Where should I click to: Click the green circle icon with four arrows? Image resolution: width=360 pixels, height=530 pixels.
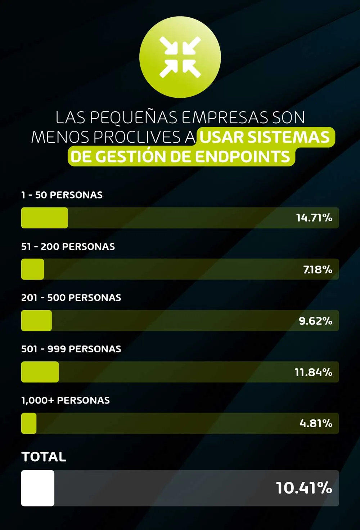click(x=180, y=57)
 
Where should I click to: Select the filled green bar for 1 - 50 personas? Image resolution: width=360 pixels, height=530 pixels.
click(x=45, y=218)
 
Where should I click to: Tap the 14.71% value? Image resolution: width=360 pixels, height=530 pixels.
click(x=314, y=218)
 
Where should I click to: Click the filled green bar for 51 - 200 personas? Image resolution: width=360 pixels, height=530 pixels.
click(x=33, y=269)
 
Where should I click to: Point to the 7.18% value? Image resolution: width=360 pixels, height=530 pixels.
click(x=318, y=270)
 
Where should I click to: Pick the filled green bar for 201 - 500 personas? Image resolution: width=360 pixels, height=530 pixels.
click(x=36, y=321)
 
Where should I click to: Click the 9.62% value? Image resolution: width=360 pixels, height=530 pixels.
click(x=315, y=321)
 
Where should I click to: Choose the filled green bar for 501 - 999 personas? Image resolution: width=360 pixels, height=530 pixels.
click(x=40, y=372)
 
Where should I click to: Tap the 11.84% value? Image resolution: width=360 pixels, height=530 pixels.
click(x=313, y=372)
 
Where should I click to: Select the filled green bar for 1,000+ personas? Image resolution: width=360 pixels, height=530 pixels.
click(x=29, y=423)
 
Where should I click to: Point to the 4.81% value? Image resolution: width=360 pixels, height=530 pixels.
click(x=316, y=423)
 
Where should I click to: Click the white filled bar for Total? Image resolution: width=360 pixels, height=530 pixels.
click(x=38, y=488)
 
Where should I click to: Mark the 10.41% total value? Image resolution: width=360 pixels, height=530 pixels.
click(x=304, y=488)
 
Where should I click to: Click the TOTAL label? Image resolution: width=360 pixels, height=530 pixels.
click(x=44, y=457)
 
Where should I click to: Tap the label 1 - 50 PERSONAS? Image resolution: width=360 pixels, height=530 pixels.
click(x=62, y=195)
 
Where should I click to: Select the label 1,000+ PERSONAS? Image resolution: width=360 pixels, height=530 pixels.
click(x=66, y=400)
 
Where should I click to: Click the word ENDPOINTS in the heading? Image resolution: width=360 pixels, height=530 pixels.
click(x=243, y=157)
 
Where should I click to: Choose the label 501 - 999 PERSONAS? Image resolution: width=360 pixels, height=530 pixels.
click(x=71, y=349)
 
